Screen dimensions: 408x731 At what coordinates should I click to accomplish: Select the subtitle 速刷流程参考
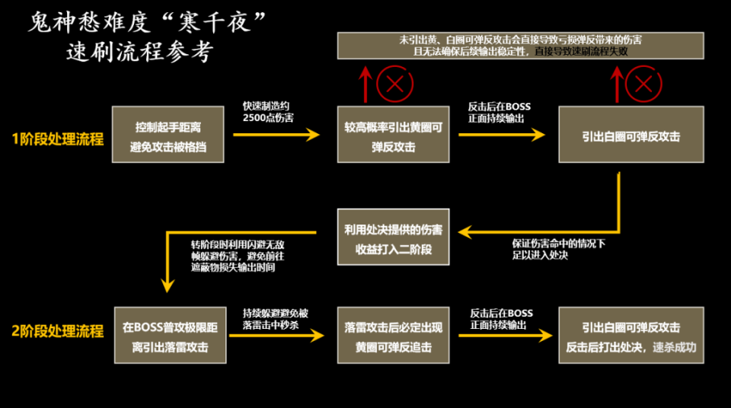(x=139, y=52)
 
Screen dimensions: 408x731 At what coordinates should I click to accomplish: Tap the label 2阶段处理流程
(x=57, y=332)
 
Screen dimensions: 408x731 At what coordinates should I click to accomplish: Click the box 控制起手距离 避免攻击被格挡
(x=168, y=134)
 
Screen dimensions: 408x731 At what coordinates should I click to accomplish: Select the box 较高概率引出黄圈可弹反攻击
(x=393, y=134)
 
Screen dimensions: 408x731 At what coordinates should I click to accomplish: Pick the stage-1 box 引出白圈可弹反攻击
(x=630, y=135)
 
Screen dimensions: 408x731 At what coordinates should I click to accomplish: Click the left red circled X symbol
(x=394, y=83)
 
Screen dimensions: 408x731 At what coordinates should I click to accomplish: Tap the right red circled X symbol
(x=643, y=83)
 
